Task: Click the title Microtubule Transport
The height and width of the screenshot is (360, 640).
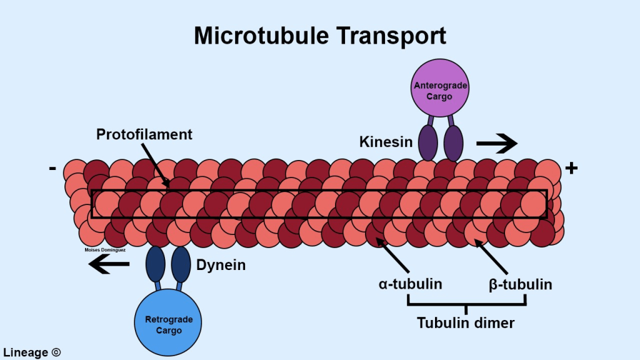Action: click(320, 35)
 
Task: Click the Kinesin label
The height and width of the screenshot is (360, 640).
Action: click(386, 142)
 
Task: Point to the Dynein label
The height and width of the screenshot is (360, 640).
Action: click(221, 265)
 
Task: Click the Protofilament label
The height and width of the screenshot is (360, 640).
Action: click(144, 134)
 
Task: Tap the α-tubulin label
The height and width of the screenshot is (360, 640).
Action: click(411, 284)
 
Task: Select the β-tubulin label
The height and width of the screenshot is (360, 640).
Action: click(520, 284)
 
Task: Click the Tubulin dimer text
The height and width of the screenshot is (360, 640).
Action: click(466, 322)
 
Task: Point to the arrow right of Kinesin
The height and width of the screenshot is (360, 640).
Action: click(497, 144)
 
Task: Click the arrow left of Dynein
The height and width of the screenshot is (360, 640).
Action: click(109, 265)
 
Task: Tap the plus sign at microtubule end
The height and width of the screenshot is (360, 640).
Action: click(571, 167)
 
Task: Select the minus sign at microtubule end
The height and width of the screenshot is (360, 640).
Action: click(52, 167)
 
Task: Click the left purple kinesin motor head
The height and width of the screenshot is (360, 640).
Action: click(427, 143)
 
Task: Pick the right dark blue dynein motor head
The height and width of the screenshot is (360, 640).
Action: click(181, 263)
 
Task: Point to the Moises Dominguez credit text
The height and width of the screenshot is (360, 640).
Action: click(105, 250)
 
